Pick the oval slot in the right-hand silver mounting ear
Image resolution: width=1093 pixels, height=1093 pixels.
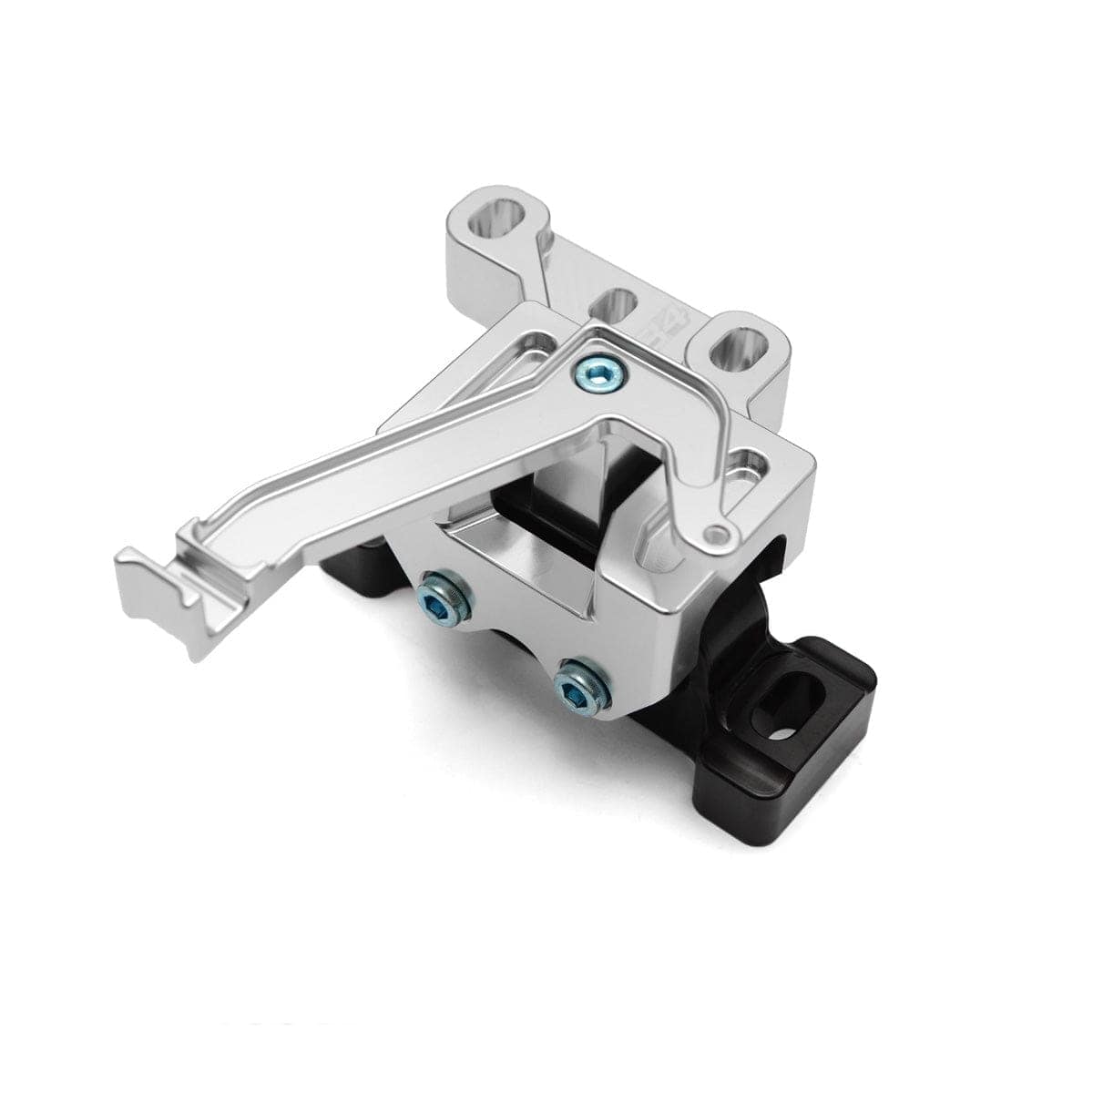pyautogui.click(x=741, y=349)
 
